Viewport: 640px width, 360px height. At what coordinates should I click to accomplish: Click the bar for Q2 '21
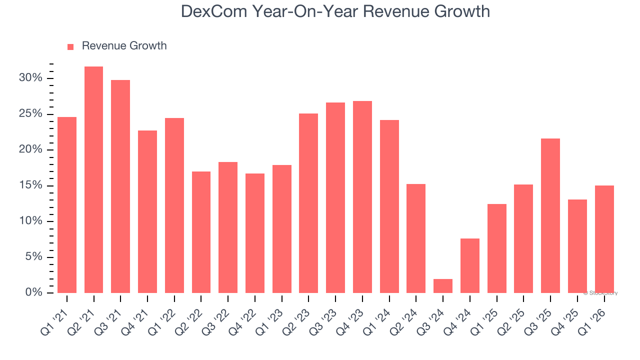(x=93, y=179)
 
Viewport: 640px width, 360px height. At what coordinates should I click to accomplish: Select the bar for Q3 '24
(x=443, y=286)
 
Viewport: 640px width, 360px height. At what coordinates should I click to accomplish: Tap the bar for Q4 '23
(x=362, y=197)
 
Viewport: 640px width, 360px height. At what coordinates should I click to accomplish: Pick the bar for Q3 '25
(x=550, y=215)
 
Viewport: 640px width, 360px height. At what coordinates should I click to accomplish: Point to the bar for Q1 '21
(x=67, y=205)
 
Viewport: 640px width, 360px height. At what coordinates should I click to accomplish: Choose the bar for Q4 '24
(x=470, y=265)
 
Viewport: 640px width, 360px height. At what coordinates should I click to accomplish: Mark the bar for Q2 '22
(x=201, y=232)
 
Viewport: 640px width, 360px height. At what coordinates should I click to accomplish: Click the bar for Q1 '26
(x=604, y=239)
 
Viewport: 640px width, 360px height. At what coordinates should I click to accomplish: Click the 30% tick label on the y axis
(x=30, y=78)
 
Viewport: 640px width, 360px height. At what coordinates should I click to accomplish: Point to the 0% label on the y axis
(x=33, y=293)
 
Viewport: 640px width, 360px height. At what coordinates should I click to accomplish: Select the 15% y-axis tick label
(x=30, y=186)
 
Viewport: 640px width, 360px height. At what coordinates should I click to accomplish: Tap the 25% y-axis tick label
(x=30, y=114)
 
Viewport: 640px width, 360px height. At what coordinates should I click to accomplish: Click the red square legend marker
(x=70, y=47)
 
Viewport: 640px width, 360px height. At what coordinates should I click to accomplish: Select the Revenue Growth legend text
(x=124, y=46)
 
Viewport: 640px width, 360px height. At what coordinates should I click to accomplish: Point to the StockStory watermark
(x=600, y=293)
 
